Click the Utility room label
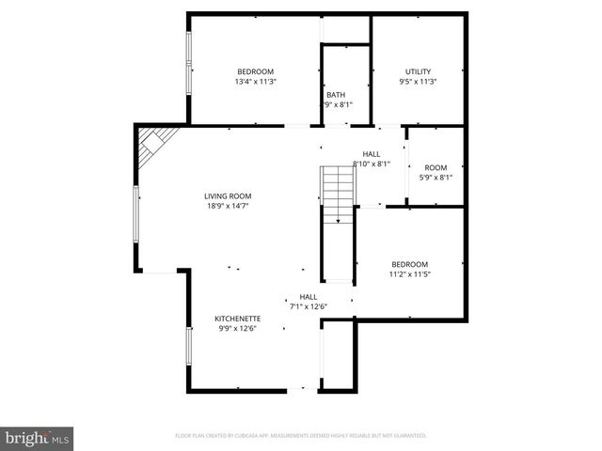pyautogui.click(x=419, y=71)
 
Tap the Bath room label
pyautogui.click(x=336, y=95)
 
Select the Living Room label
pyautogui.click(x=228, y=196)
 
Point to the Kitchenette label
pyautogui.click(x=237, y=319)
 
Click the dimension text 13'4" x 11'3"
pyautogui.click(x=255, y=82)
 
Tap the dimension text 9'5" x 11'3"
pyautogui.click(x=419, y=82)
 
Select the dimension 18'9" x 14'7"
pyautogui.click(x=228, y=207)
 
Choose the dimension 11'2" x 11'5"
pyautogui.click(x=410, y=274)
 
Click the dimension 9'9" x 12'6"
pyautogui.click(x=237, y=329)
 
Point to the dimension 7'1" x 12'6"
pyautogui.click(x=308, y=306)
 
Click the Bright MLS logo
pyautogui.click(x=38, y=438)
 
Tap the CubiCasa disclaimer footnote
pyautogui.click(x=301, y=436)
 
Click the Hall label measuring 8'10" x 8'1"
pyautogui.click(x=372, y=153)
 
